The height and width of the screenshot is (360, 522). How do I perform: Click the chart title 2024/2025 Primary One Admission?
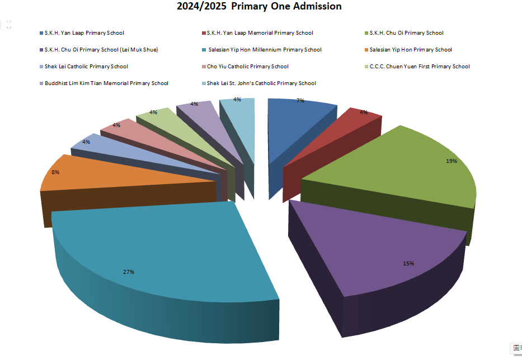tap(259, 7)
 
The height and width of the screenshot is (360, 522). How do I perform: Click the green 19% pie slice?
tap(403, 168)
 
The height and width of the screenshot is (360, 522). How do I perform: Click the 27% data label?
tap(129, 272)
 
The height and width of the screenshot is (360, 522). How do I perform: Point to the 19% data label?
tap(452, 161)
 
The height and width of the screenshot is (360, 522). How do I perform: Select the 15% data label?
tap(408, 263)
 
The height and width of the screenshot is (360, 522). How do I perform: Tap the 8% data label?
tap(56, 172)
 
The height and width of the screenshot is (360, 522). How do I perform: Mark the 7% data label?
tap(300, 101)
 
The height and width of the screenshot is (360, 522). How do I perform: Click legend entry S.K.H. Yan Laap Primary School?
tap(84, 33)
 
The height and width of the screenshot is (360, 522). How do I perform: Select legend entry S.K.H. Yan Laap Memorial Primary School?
tap(260, 33)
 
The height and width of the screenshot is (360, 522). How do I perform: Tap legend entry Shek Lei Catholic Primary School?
tap(86, 67)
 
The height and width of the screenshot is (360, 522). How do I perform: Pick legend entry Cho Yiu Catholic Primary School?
tap(247, 67)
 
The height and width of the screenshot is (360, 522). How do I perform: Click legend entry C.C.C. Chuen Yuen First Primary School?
tap(420, 67)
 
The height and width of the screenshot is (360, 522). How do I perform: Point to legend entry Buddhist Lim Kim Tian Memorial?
tap(106, 83)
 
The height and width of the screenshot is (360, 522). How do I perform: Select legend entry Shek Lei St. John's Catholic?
tap(261, 83)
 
